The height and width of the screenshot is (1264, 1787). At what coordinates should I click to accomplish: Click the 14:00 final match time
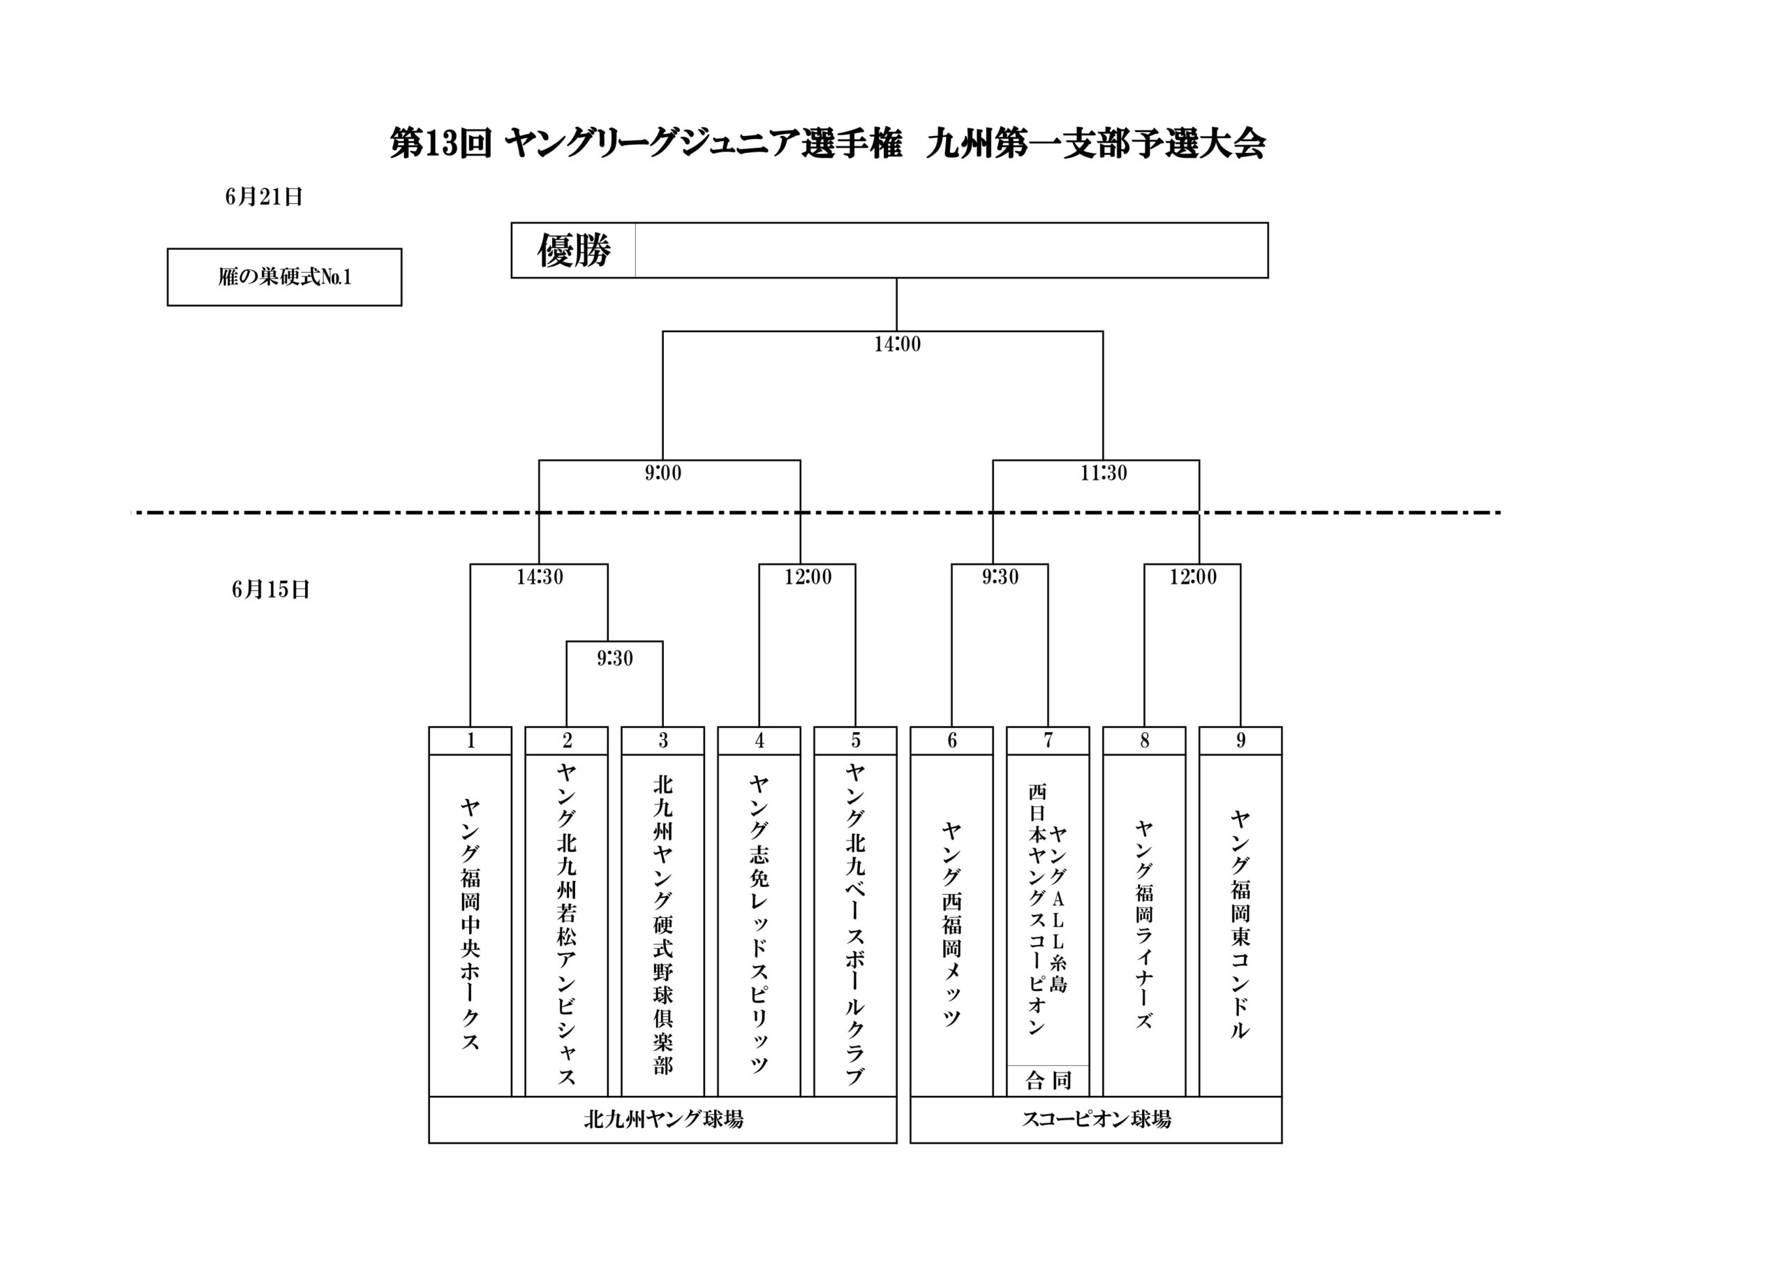click(x=896, y=344)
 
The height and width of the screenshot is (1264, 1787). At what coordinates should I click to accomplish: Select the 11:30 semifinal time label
click(x=1103, y=473)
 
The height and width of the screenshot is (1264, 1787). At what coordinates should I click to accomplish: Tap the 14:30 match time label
click(x=540, y=577)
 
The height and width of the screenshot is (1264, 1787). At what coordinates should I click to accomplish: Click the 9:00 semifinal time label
click(x=662, y=473)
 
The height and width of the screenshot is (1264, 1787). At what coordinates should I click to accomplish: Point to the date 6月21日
click(x=264, y=197)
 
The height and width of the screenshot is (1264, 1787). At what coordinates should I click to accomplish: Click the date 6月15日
click(x=270, y=590)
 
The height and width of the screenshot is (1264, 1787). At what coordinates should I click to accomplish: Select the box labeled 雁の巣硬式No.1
click(x=284, y=277)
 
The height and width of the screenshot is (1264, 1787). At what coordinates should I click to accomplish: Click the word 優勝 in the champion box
click(x=574, y=251)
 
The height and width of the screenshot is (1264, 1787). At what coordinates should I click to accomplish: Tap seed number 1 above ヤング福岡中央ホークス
click(x=470, y=741)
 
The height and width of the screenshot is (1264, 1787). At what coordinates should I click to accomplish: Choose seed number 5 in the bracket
click(x=855, y=741)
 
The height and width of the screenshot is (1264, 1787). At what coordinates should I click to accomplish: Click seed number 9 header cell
click(x=1240, y=741)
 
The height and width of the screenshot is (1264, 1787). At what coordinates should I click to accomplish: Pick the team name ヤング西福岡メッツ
click(x=951, y=924)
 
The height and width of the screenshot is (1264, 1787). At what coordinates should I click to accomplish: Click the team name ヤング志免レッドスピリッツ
click(x=759, y=924)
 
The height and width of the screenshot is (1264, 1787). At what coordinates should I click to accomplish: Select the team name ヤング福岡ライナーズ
click(x=1143, y=924)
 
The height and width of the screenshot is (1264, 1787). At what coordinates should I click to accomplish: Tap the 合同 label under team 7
click(x=1048, y=1080)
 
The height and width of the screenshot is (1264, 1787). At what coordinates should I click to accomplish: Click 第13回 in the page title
click(x=440, y=144)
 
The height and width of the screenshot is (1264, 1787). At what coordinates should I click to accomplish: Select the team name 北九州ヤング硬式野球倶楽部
click(x=662, y=924)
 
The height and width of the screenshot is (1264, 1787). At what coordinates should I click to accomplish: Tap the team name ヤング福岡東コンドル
click(x=1240, y=924)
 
